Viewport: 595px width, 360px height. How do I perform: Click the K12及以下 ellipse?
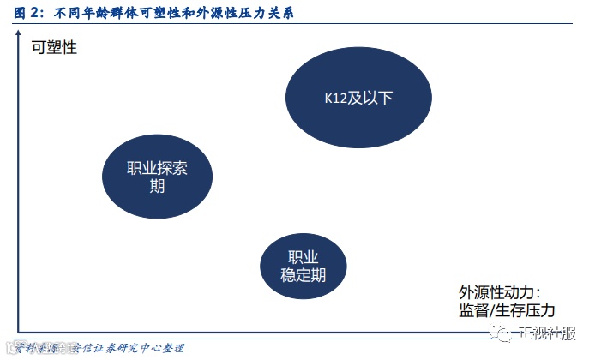pos(352,97)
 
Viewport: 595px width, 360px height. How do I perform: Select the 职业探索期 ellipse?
pos(157,177)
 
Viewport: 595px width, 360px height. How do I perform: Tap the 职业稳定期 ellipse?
pos(303,267)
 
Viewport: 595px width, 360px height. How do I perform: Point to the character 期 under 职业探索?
pos(157,186)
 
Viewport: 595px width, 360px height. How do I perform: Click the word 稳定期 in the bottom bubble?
pos(303,275)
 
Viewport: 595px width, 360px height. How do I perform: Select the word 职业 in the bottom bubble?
pos(303,257)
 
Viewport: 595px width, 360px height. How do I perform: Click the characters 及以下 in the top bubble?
pos(368,98)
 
